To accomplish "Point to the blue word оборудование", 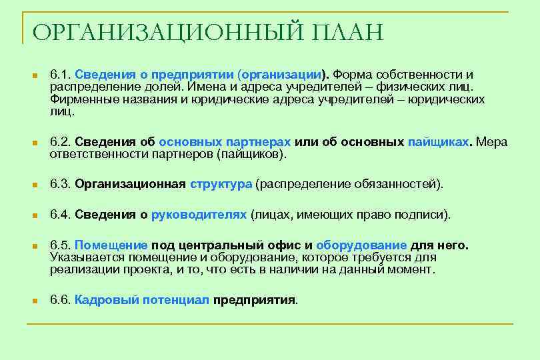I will (361, 245).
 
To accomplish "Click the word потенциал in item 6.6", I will (175, 299).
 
